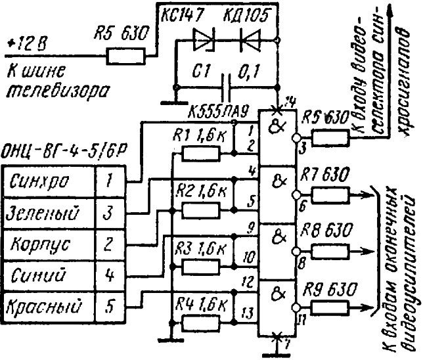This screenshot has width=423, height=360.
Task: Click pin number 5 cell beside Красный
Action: [x=110, y=306]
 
